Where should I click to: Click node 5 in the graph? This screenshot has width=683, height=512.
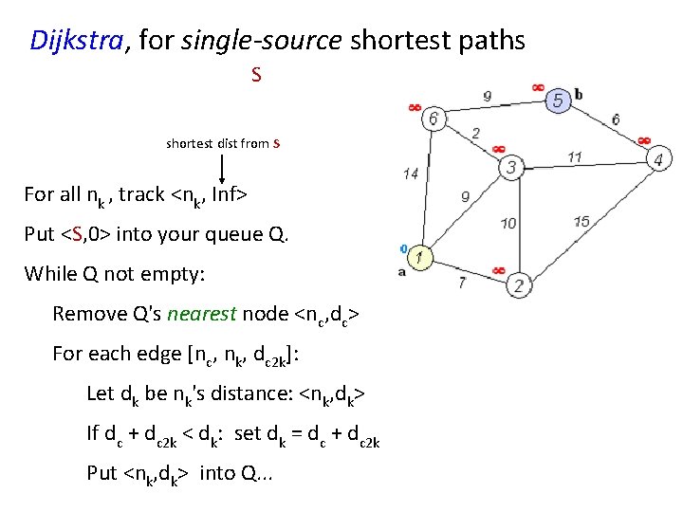(557, 101)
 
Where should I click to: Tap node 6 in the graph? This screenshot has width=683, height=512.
(434, 119)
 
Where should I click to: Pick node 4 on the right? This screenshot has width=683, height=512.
(658, 158)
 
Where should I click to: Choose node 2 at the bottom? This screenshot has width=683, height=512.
(519, 285)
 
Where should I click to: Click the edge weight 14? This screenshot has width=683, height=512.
(410, 174)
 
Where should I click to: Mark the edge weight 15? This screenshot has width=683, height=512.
(581, 222)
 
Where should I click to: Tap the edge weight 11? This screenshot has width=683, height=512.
(575, 156)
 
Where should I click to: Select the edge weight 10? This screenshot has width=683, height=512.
(508, 224)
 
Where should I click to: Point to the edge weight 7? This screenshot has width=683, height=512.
(461, 282)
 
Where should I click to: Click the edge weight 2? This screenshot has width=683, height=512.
(474, 134)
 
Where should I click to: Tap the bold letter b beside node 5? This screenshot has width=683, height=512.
(579, 93)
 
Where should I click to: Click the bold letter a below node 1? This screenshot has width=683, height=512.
(402, 272)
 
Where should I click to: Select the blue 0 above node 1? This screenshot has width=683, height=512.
(403, 248)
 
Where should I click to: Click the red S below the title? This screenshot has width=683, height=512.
(256, 73)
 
